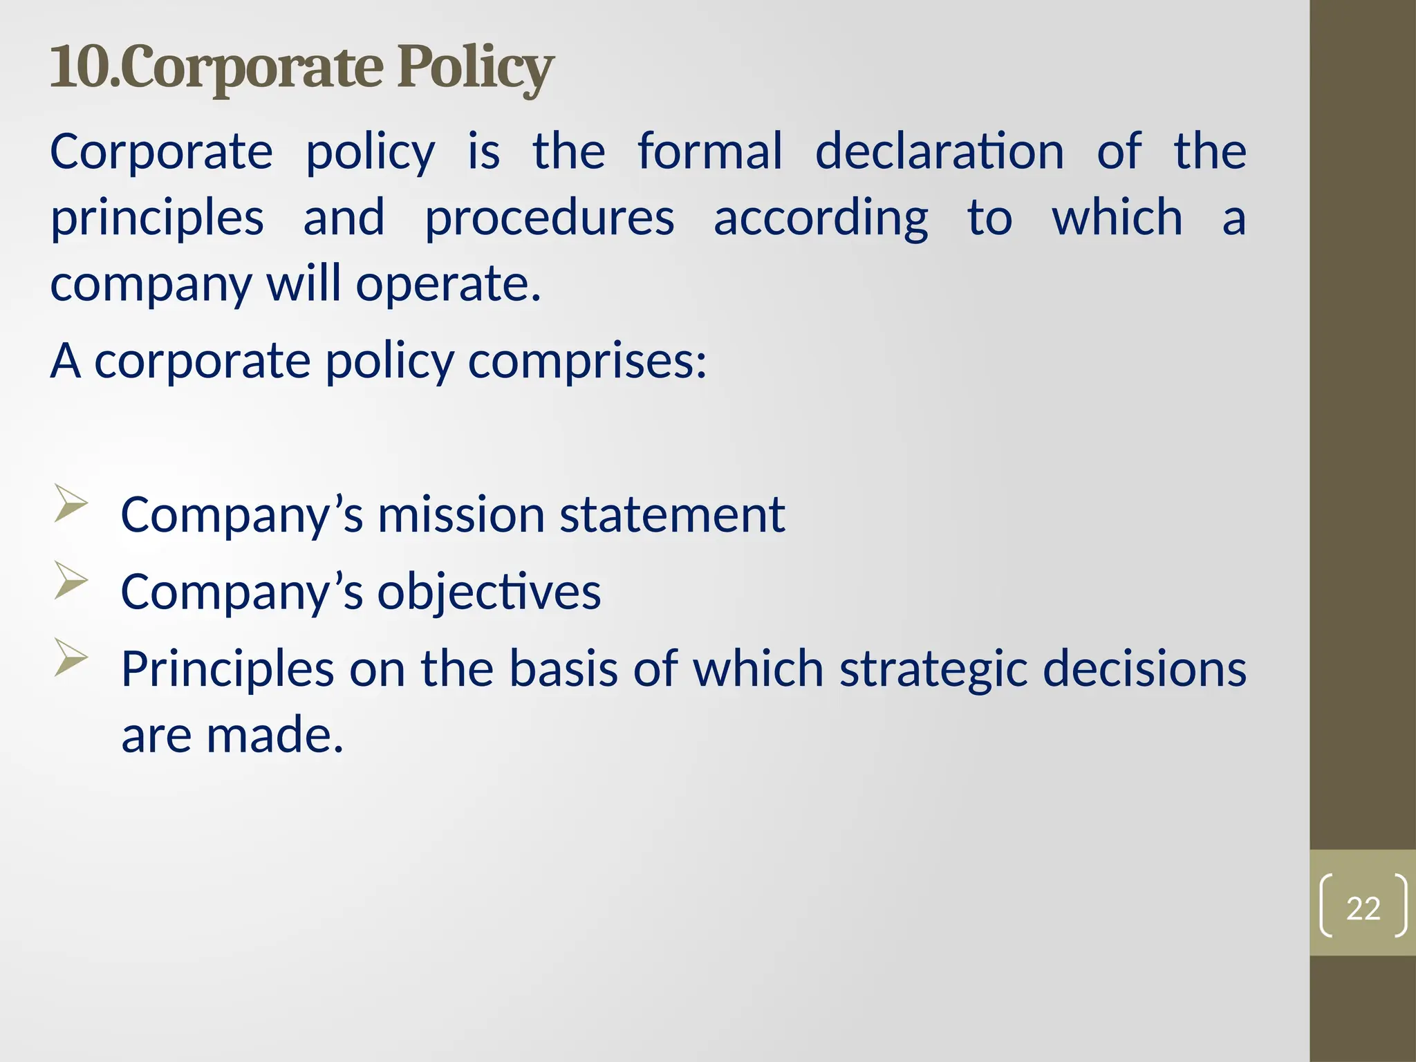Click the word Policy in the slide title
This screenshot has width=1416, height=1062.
[475, 68]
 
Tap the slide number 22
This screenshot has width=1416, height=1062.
[1363, 908]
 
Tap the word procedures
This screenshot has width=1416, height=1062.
[549, 218]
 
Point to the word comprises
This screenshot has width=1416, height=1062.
[587, 362]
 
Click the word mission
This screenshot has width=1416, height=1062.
[461, 515]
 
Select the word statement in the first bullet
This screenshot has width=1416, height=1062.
[672, 515]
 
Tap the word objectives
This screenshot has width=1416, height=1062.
[489, 593]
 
